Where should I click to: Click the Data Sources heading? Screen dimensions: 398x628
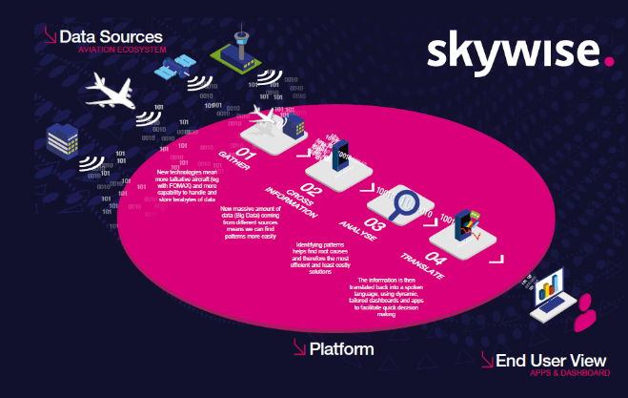[x=111, y=36]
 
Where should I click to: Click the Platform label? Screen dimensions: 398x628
[x=341, y=350]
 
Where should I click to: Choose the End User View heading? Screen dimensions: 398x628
[x=550, y=360]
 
